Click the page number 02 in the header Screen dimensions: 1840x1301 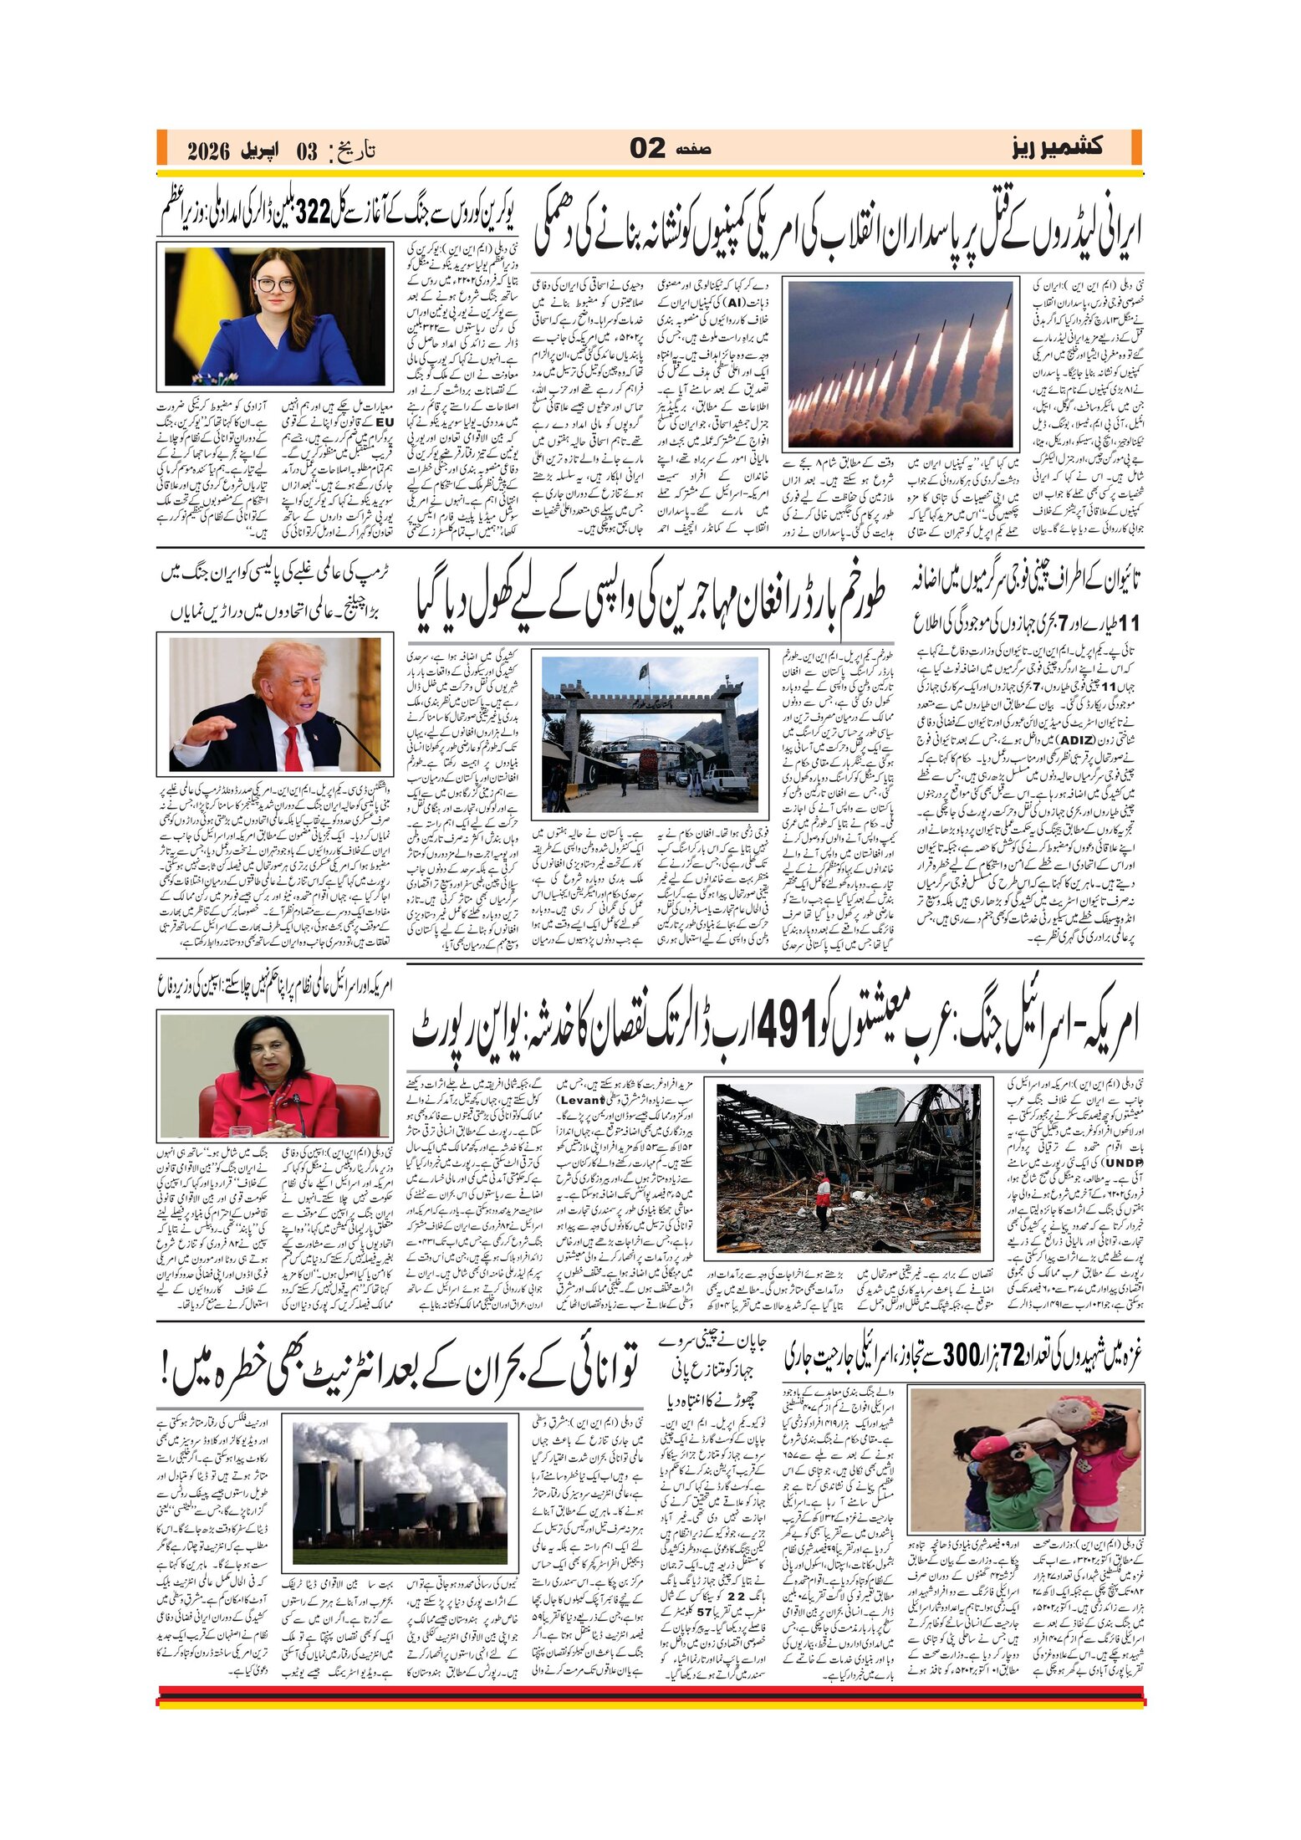(648, 149)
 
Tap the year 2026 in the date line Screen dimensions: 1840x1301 (208, 151)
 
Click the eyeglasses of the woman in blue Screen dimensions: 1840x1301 (276, 285)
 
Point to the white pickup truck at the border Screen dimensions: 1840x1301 (724, 784)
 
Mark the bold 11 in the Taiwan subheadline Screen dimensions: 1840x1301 (1129, 623)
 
